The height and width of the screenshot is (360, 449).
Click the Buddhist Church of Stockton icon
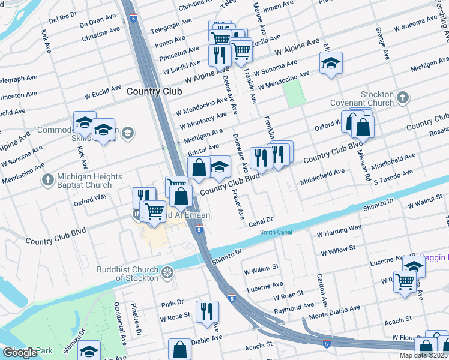pyautogui.click(x=168, y=274)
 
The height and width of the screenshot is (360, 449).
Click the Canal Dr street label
pyautogui.click(x=261, y=221)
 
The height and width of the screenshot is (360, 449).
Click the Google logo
pyautogui.click(x=20, y=353)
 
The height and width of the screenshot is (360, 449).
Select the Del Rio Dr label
pyautogui.click(x=63, y=19)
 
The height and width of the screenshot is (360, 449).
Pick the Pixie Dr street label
pyautogui.click(x=172, y=303)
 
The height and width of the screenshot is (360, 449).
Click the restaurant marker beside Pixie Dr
pyautogui.click(x=207, y=311)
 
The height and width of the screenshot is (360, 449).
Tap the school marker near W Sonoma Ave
pyautogui.click(x=330, y=63)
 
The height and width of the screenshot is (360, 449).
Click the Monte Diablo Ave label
pyautogui.click(x=334, y=313)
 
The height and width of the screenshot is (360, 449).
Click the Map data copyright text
pyautogui.click(x=423, y=355)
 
